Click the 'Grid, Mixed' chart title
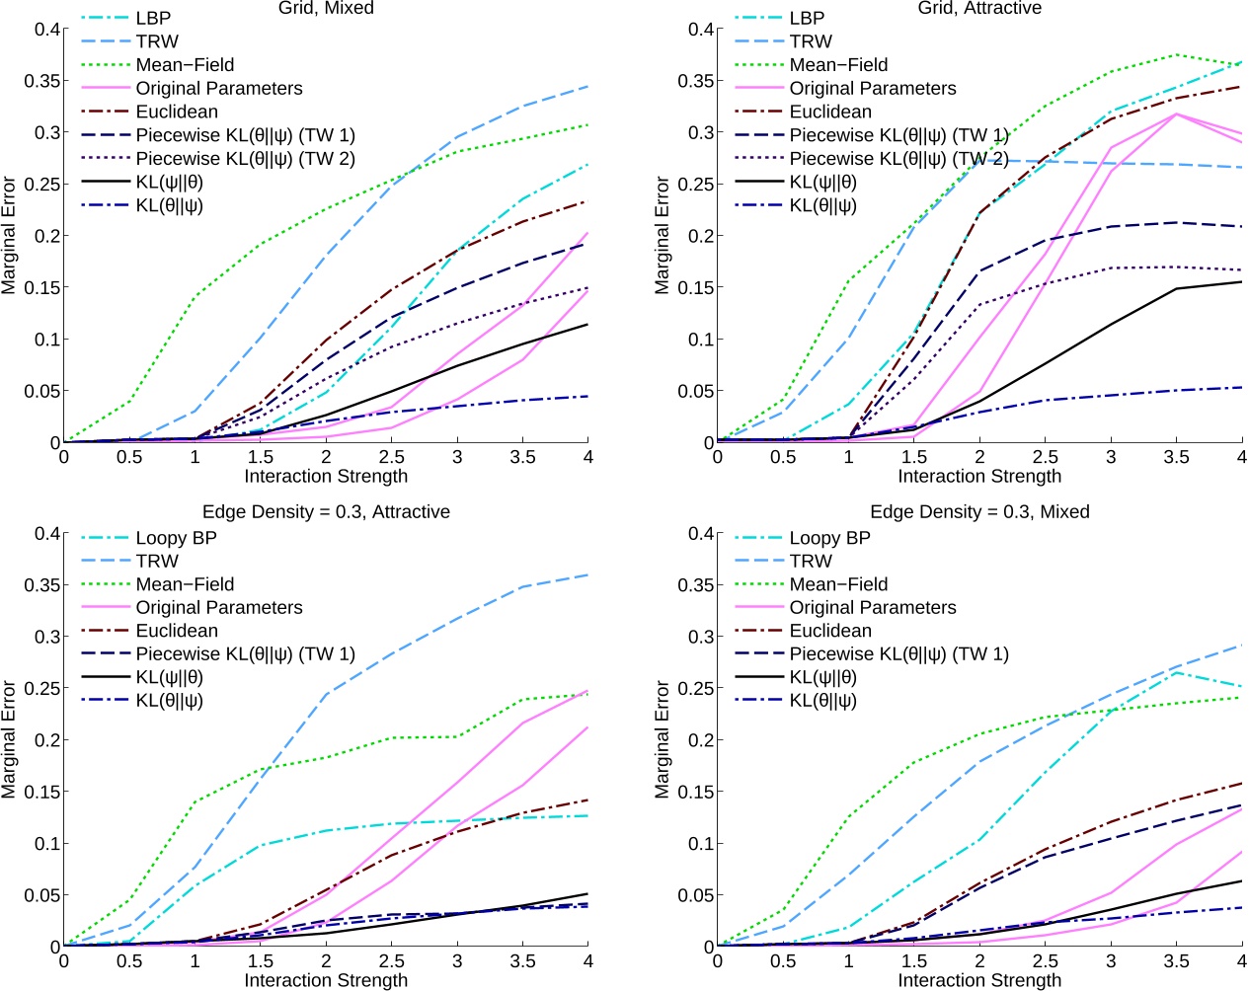(x=326, y=8)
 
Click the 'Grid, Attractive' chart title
(x=978, y=8)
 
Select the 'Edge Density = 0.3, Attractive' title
(x=326, y=511)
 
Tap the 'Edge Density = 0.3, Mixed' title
(x=978, y=511)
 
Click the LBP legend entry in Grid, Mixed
(x=153, y=18)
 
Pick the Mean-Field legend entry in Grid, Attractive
(x=838, y=64)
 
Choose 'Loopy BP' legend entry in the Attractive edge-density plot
(x=176, y=537)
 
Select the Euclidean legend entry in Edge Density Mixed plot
(x=829, y=630)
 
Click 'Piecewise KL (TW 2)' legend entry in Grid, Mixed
(x=245, y=158)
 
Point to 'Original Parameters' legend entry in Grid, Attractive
(x=872, y=88)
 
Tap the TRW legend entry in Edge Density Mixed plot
(x=810, y=561)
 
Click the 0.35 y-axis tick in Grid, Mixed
(x=40, y=81)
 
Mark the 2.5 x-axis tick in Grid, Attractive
(x=1045, y=457)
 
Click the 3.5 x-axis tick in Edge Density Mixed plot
(x=1176, y=961)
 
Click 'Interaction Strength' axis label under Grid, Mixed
(x=326, y=476)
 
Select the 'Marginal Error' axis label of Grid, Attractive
(x=662, y=235)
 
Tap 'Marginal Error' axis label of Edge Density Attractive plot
(x=9, y=738)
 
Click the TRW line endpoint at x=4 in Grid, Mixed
(x=587, y=87)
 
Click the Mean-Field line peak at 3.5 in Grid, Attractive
(x=1176, y=55)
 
